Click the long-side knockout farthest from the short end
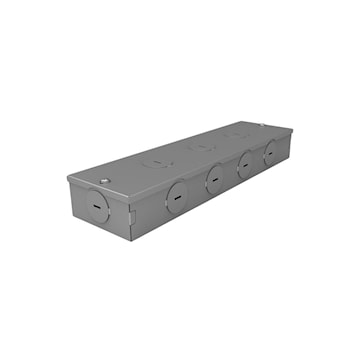[x=270, y=152]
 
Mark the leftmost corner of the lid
[x=68, y=180]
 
